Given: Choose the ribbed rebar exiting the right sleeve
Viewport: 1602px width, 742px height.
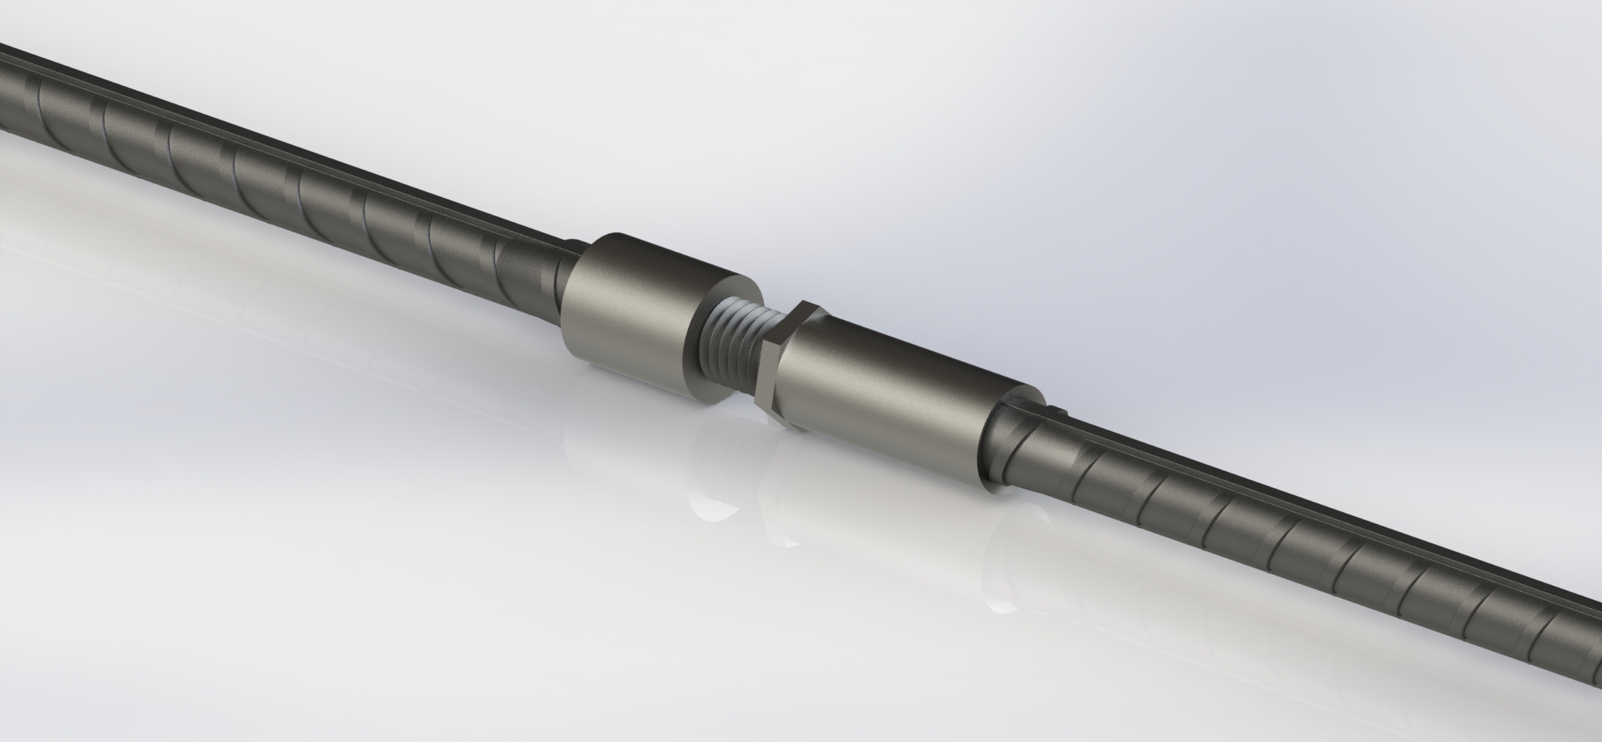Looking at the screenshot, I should tap(1282, 553).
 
